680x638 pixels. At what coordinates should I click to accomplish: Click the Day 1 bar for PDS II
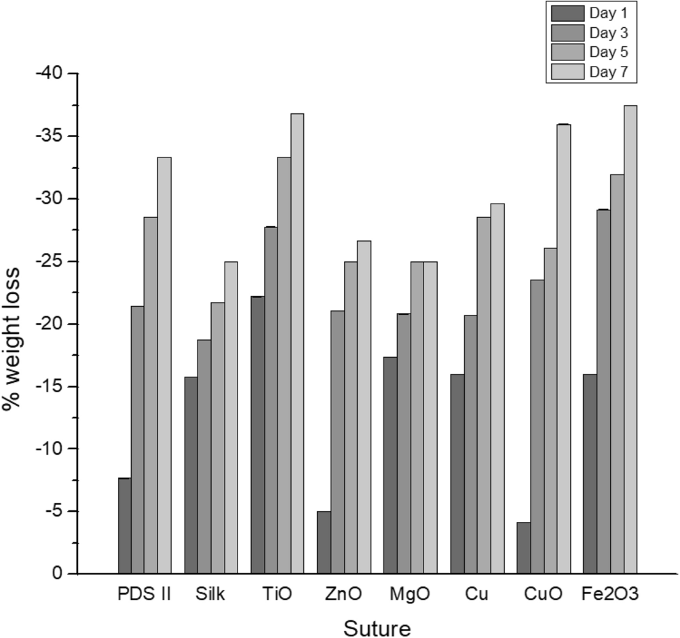tap(124, 526)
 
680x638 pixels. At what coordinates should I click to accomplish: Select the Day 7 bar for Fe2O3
tap(630, 339)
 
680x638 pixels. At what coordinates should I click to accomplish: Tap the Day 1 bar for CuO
tap(523, 548)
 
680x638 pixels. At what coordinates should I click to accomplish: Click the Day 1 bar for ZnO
tap(324, 542)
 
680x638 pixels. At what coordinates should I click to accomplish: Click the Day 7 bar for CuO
tap(563, 349)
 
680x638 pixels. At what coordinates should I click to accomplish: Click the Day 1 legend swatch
tap(567, 13)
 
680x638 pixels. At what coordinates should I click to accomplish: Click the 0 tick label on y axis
tap(56, 574)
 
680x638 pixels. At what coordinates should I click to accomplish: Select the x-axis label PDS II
tap(144, 595)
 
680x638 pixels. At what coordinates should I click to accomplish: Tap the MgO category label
tap(410, 595)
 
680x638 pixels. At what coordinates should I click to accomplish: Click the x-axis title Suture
tap(377, 627)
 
